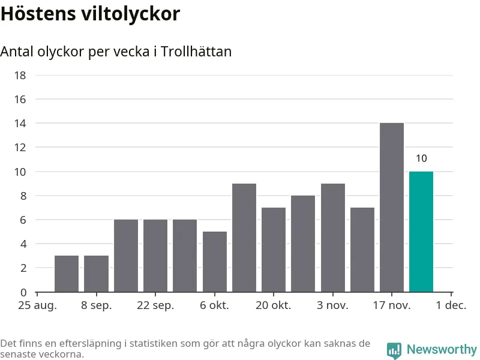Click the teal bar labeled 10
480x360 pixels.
pyautogui.click(x=421, y=232)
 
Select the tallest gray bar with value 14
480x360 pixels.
pyautogui.click(x=391, y=208)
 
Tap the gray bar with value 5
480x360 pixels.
pyautogui.click(x=214, y=262)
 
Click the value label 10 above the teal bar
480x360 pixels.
pyautogui.click(x=421, y=158)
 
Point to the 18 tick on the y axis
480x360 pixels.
pyautogui.click(x=20, y=75)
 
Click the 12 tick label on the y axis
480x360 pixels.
pyautogui.click(x=20, y=148)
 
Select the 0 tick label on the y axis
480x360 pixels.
pyautogui.click(x=23, y=292)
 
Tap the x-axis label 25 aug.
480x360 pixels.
pyautogui.click(x=37, y=305)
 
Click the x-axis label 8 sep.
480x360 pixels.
pyautogui.click(x=96, y=305)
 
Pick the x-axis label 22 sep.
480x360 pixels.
pyautogui.click(x=155, y=305)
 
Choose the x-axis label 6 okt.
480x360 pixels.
pyautogui.click(x=214, y=305)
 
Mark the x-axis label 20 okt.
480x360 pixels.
pyautogui.click(x=273, y=305)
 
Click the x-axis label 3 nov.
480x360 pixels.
pyautogui.click(x=332, y=305)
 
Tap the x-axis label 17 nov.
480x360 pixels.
pyautogui.click(x=391, y=305)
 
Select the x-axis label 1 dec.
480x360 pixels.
pyautogui.click(x=451, y=305)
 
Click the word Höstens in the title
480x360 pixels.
pyautogui.click(x=37, y=14)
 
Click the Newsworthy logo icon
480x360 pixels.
pyautogui.click(x=394, y=350)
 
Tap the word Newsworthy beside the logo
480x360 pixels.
pyautogui.click(x=441, y=349)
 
